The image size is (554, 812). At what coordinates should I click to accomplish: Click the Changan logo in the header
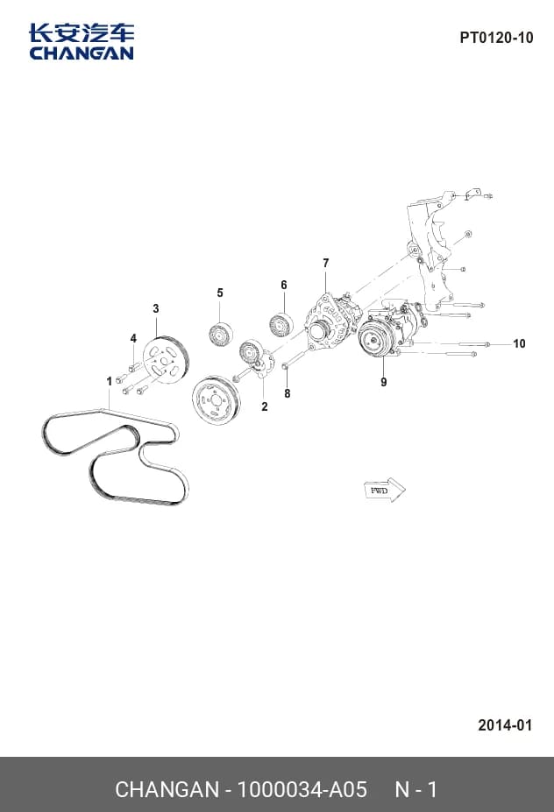click(82, 42)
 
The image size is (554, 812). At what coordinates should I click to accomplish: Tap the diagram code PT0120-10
click(496, 38)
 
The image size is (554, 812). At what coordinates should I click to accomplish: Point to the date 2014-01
click(505, 725)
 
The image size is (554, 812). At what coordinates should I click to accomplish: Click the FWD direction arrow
click(385, 490)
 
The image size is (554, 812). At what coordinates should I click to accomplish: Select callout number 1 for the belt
click(110, 381)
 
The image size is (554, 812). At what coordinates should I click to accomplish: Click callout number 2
click(265, 406)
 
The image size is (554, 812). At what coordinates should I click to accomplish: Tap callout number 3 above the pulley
click(156, 308)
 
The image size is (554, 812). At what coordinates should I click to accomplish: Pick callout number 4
click(133, 339)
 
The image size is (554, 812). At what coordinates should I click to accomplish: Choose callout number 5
click(220, 293)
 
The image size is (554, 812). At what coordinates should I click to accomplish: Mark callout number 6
click(284, 285)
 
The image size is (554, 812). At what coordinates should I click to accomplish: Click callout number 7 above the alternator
click(325, 263)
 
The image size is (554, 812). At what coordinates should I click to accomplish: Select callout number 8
click(288, 393)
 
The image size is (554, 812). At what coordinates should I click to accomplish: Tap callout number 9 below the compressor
click(383, 382)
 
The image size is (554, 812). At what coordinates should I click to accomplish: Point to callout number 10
click(519, 343)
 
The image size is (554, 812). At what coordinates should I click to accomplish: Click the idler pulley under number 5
click(221, 333)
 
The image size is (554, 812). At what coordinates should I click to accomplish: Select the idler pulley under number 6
click(281, 324)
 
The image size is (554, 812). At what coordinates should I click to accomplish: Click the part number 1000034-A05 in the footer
click(302, 790)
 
